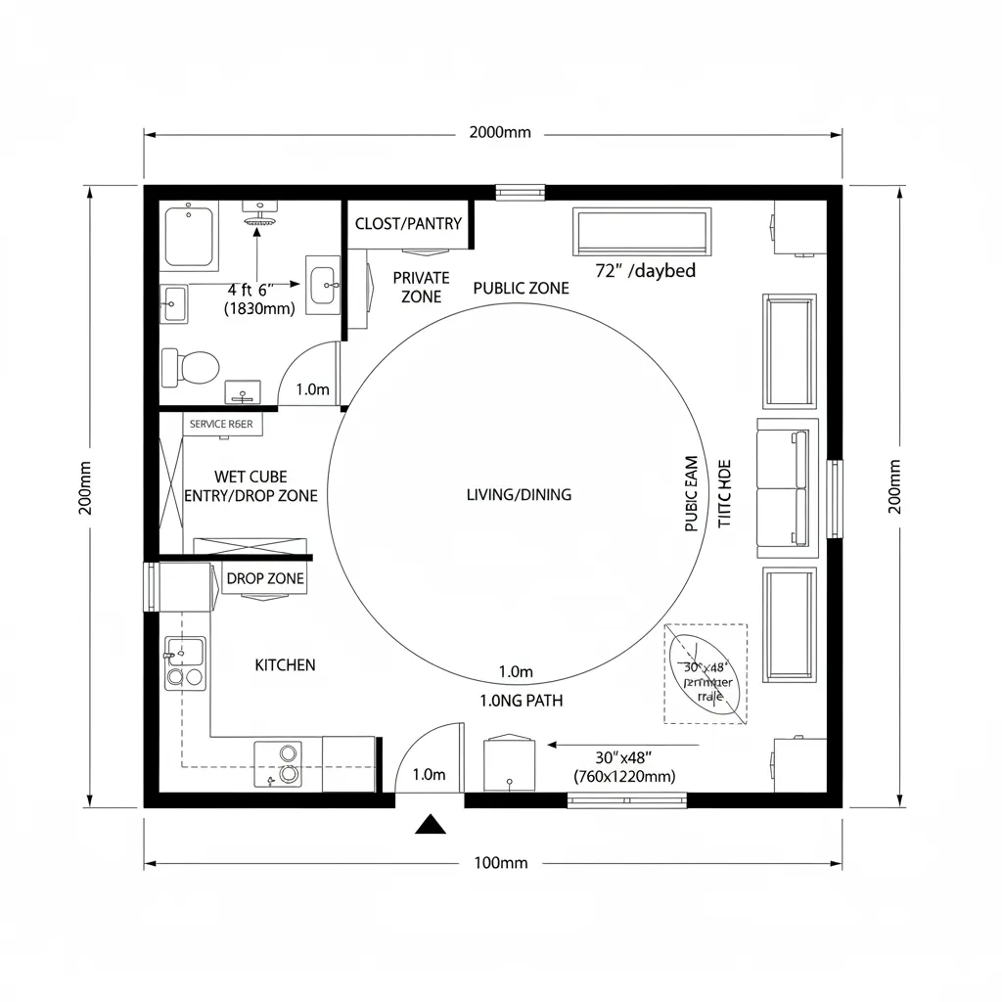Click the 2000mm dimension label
(500, 133)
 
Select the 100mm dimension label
(500, 863)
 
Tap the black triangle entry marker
(430, 825)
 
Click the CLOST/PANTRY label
(408, 224)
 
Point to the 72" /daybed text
(646, 271)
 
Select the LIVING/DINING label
(519, 495)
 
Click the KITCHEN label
(285, 665)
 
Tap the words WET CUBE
(250, 477)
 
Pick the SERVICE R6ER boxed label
(221, 425)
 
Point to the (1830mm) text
(259, 308)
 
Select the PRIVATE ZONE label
(421, 288)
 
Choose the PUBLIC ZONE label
(521, 289)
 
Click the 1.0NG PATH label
(522, 701)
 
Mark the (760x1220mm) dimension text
(624, 776)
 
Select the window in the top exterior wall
(520, 192)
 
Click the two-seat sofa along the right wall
(786, 487)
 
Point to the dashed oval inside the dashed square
(705, 674)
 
